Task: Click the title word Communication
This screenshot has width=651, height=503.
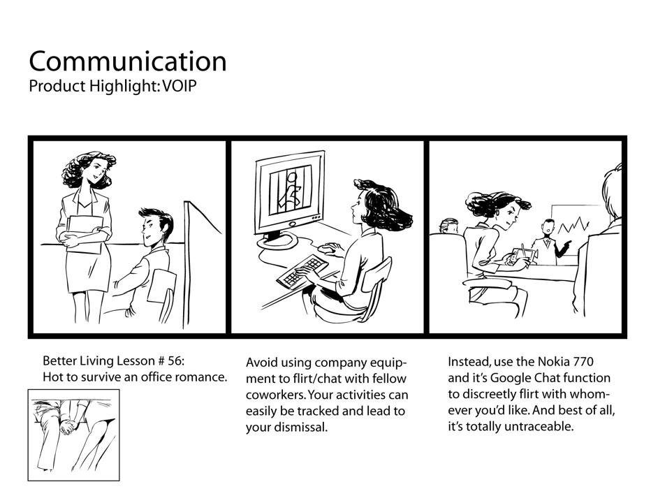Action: coord(128,61)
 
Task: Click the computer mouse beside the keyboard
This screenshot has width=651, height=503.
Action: coord(325,247)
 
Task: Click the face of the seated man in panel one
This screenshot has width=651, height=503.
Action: coord(152,230)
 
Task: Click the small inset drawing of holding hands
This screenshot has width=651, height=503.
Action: coord(73,435)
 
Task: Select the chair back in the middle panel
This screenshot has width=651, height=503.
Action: coord(379,280)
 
